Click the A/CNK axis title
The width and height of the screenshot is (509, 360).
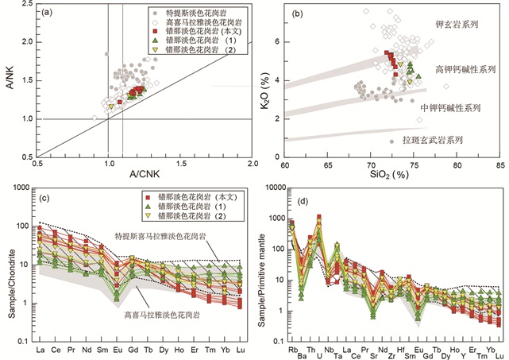(x=144, y=174)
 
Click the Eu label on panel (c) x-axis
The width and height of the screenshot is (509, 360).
(x=117, y=349)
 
